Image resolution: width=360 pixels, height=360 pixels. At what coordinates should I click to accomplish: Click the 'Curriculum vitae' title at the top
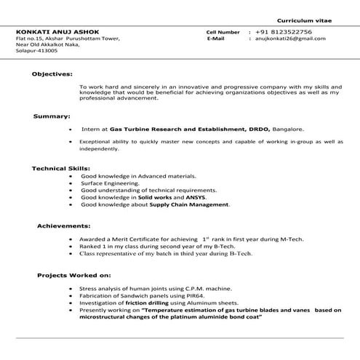click(x=306, y=20)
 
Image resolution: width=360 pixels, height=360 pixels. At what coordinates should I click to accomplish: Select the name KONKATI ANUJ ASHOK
click(x=52, y=32)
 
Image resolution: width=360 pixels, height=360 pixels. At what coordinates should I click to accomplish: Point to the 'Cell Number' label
click(x=223, y=32)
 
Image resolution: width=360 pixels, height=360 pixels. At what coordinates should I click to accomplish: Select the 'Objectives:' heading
click(x=52, y=74)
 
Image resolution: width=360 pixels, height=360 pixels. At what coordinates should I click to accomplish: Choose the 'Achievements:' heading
click(x=64, y=226)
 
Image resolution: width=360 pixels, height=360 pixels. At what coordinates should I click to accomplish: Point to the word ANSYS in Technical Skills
click(x=215, y=198)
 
